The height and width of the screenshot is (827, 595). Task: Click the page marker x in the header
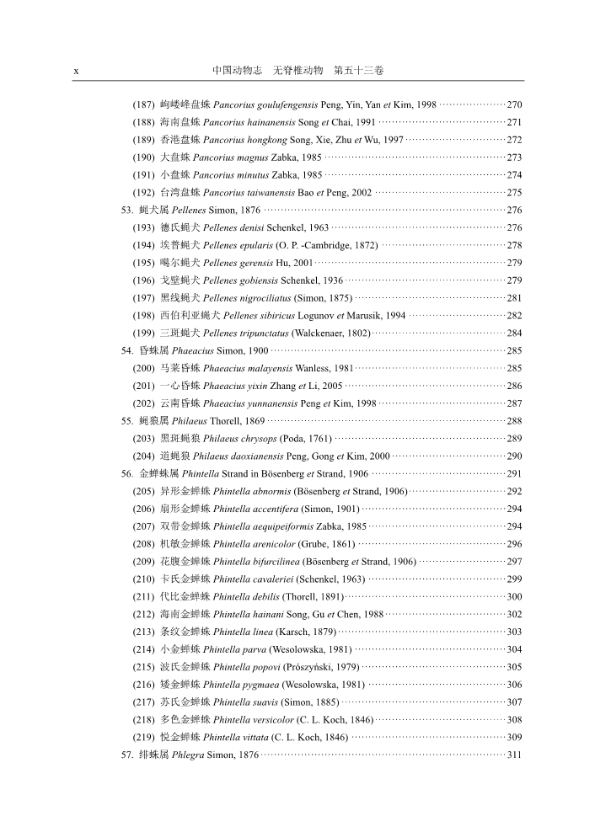(x=76, y=72)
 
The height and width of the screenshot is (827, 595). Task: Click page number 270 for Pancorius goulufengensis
(x=514, y=104)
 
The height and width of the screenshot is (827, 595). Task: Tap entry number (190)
(x=143, y=157)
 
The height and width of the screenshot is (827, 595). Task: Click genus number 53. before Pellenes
(x=128, y=210)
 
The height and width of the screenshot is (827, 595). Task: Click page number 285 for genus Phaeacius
(x=514, y=350)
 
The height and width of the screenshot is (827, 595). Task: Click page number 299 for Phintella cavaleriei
(x=514, y=579)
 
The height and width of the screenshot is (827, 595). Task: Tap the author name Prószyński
(x=313, y=666)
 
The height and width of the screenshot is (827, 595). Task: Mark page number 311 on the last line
(x=514, y=755)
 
